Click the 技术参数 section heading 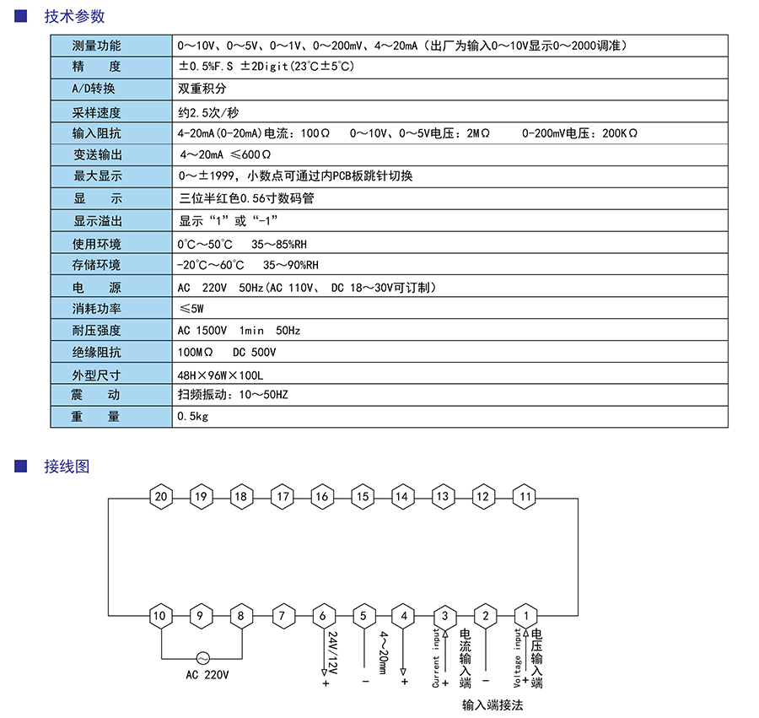[74, 16]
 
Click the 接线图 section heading [66, 467]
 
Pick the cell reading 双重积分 [202, 89]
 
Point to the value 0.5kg [193, 417]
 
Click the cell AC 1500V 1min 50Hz [239, 331]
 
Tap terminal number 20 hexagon [160, 496]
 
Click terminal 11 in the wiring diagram [525, 496]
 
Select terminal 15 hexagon [362, 496]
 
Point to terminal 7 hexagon [282, 616]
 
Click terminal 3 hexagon [444, 616]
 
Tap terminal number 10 [160, 616]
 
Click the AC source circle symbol [202, 657]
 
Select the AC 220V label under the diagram [207, 675]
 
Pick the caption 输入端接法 [493, 705]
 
